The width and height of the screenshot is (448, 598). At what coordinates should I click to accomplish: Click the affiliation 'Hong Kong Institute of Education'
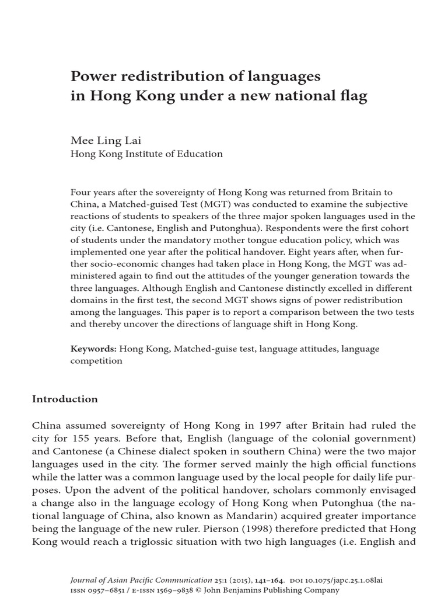click(146, 154)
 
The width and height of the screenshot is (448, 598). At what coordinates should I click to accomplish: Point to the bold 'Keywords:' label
click(93, 349)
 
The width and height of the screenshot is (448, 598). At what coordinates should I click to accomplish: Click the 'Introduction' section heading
click(64, 399)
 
